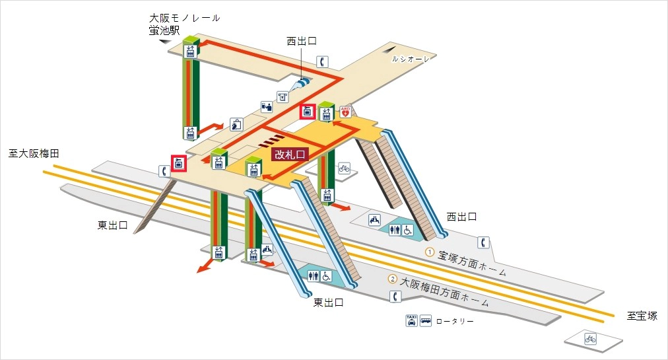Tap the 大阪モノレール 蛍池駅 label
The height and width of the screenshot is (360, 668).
(x=184, y=24)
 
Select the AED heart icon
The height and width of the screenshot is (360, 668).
(x=344, y=112)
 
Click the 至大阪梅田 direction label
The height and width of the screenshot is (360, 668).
(x=34, y=153)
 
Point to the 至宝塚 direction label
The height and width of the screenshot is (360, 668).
(x=642, y=316)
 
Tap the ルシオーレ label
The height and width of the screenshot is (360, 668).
(x=410, y=59)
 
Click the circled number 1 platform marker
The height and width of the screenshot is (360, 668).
(x=430, y=252)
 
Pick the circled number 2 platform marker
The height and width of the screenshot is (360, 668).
(x=393, y=279)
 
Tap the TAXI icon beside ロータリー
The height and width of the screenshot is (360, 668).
(x=412, y=320)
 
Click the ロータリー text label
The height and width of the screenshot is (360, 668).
(x=455, y=321)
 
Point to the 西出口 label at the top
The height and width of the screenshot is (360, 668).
(x=302, y=41)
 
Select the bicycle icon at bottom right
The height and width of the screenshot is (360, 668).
(x=590, y=339)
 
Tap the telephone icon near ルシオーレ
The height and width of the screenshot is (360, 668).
(x=322, y=62)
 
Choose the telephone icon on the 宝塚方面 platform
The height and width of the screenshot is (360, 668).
(x=484, y=242)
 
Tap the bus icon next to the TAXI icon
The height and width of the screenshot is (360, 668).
(x=426, y=320)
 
